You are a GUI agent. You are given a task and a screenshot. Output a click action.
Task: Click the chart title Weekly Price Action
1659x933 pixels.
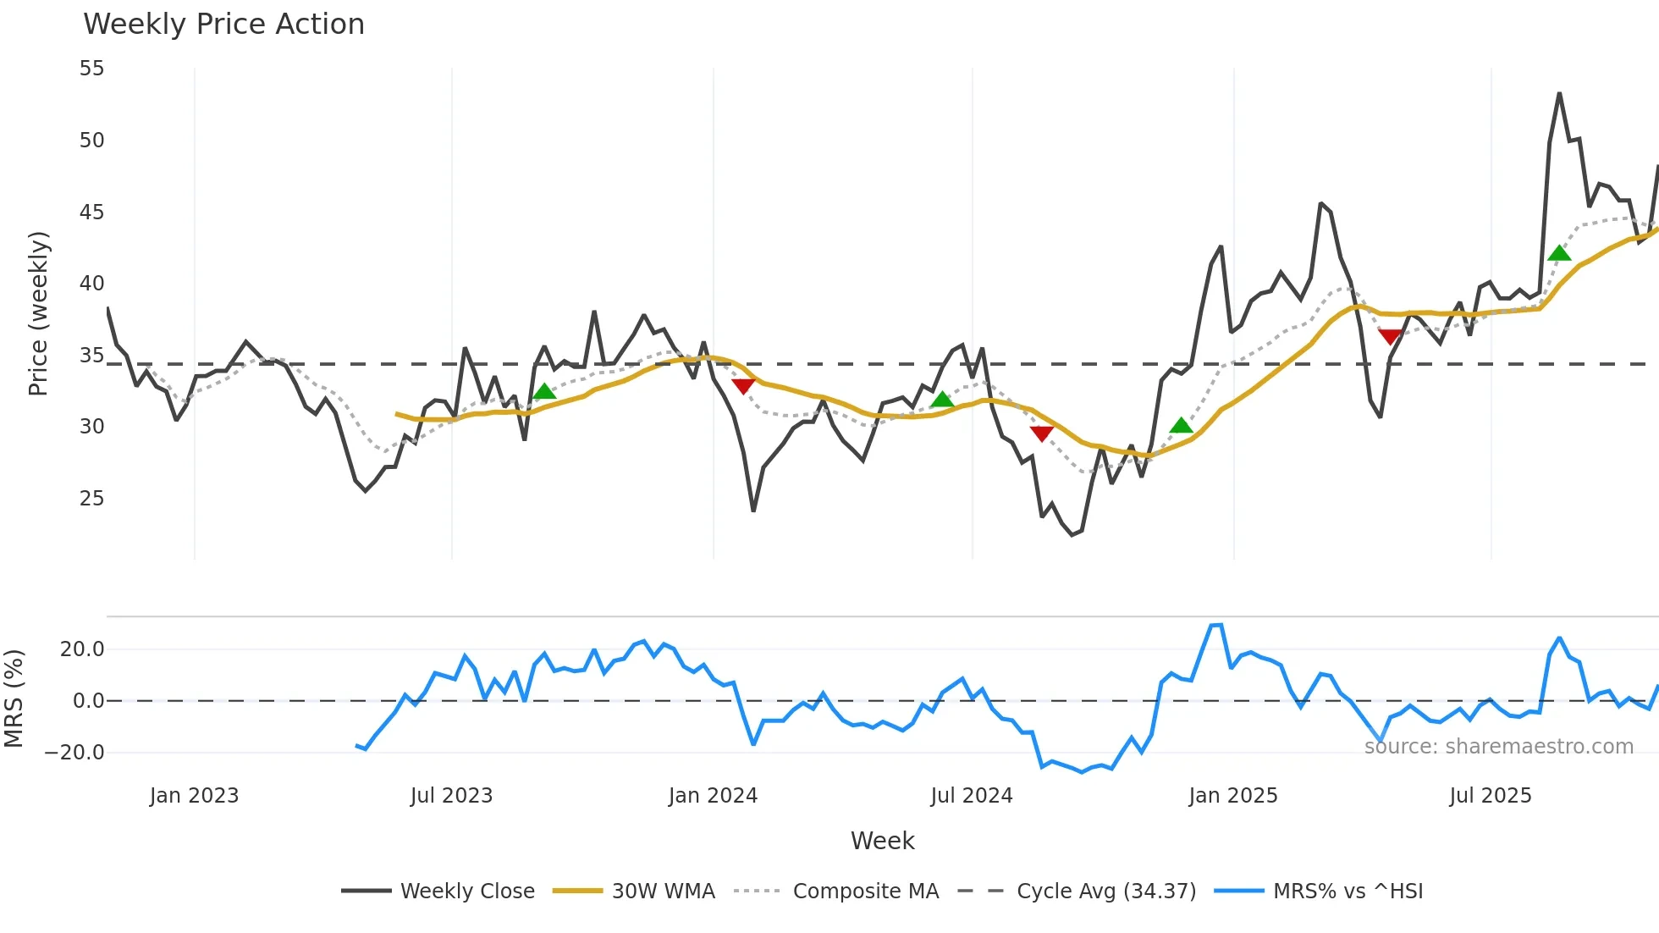pyautogui.click(x=223, y=25)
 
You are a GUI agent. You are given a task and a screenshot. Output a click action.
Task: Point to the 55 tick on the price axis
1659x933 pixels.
pyautogui.click(x=92, y=69)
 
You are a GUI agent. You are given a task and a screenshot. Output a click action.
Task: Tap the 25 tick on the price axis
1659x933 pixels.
pyautogui.click(x=92, y=499)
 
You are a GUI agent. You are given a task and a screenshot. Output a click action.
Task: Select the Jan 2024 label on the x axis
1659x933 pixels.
pyautogui.click(x=713, y=796)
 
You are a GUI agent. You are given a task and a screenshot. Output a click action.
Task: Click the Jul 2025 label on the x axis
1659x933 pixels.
pyautogui.click(x=1490, y=796)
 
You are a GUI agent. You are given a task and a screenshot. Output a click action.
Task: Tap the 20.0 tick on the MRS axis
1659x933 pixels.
pyautogui.click(x=82, y=649)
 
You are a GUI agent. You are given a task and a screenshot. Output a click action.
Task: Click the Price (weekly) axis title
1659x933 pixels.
pyautogui.click(x=38, y=313)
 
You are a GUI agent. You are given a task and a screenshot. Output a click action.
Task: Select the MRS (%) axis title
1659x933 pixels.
pyautogui.click(x=14, y=698)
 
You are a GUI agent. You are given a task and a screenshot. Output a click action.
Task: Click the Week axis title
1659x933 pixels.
pyautogui.click(x=882, y=841)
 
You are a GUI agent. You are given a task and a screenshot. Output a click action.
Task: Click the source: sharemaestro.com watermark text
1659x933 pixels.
pyautogui.click(x=1498, y=747)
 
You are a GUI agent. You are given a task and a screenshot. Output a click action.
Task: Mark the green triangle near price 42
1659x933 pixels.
pyautogui.click(x=1558, y=253)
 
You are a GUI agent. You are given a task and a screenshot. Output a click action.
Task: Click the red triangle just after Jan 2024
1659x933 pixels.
pyautogui.click(x=743, y=386)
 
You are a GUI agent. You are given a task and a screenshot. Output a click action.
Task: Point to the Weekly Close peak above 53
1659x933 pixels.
pyautogui.click(x=1559, y=94)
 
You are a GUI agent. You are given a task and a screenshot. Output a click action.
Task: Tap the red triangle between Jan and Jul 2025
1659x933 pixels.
pyautogui.click(x=1390, y=336)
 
